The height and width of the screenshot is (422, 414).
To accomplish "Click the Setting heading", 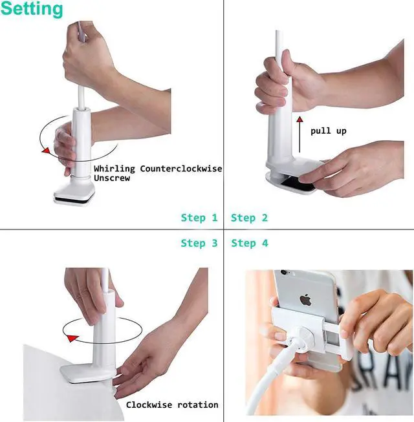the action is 32,9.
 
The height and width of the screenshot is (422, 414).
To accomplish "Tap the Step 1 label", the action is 199,218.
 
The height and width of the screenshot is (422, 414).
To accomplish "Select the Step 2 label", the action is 250,218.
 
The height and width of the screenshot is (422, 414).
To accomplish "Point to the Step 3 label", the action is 199,243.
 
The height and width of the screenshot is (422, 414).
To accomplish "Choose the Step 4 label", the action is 250,243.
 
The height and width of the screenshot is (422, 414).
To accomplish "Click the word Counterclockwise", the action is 181,169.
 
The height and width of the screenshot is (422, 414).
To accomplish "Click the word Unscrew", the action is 112,178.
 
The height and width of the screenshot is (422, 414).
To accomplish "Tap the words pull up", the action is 329,131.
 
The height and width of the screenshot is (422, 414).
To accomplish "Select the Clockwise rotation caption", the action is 172,405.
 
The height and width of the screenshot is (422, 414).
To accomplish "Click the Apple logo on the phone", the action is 306,300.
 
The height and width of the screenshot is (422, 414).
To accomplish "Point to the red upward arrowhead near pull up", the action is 300,119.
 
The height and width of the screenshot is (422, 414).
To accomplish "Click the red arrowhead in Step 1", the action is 46,151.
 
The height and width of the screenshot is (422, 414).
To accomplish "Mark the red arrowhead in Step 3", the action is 72,338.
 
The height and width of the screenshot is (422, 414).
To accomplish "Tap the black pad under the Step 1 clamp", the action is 72,200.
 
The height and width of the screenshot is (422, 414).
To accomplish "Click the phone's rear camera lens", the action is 283,272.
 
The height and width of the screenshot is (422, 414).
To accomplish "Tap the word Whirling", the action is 114,169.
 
